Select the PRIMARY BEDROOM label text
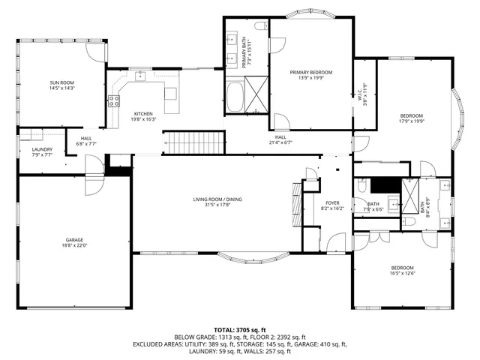(x=310, y=72)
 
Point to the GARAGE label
(x=73, y=241)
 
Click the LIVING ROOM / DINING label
(x=217, y=199)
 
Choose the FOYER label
(x=332, y=202)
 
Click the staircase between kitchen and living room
(x=194, y=141)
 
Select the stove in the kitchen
(x=114, y=100)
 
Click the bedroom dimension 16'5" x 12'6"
(x=401, y=274)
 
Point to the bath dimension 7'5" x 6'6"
(x=373, y=209)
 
